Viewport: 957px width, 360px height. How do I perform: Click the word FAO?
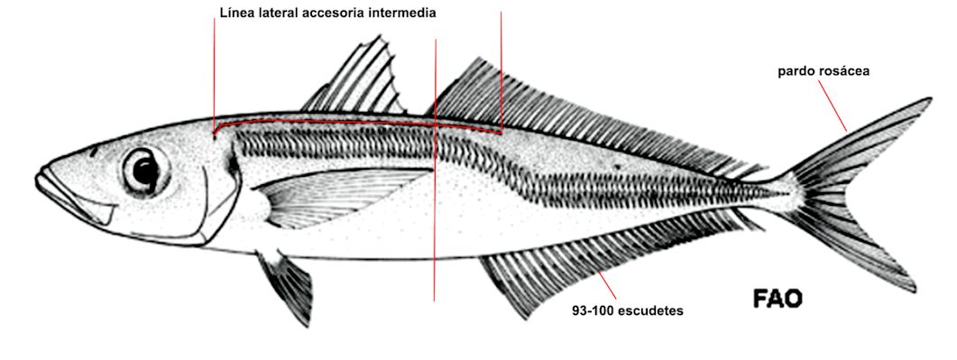coord(777,299)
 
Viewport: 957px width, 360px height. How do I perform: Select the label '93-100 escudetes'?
coord(627,310)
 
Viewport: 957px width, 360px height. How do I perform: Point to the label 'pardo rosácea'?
coord(824,70)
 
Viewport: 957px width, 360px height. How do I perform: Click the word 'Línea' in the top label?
coord(237,14)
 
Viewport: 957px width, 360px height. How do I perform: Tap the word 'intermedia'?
coord(403,14)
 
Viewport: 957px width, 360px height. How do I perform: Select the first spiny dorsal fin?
coord(361,81)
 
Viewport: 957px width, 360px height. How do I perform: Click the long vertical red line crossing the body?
coord(435,226)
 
